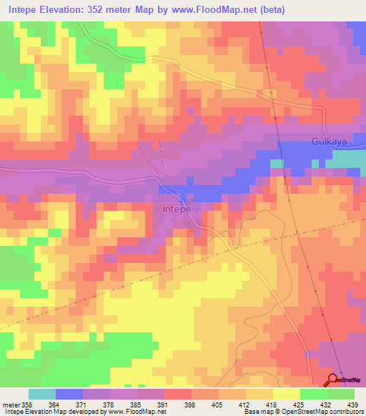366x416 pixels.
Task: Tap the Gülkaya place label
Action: coord(329,142)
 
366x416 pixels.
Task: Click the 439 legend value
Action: coord(353,405)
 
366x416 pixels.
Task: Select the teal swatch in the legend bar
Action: coord(41,394)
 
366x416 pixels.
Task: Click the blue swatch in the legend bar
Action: coord(69,394)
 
